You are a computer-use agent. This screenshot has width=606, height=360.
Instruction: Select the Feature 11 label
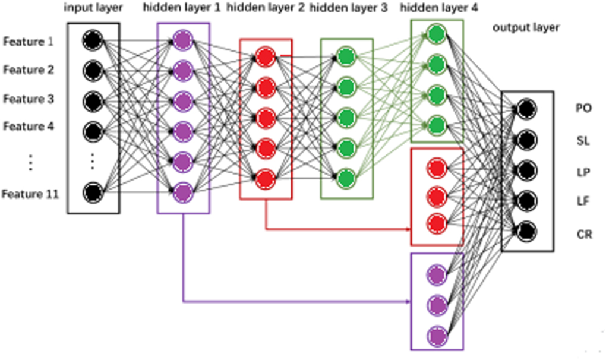(x=30, y=194)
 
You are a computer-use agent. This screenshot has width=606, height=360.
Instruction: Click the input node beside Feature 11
(x=92, y=192)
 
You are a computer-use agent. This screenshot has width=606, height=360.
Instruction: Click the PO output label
(x=583, y=108)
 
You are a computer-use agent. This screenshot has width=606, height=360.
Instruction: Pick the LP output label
(x=583, y=171)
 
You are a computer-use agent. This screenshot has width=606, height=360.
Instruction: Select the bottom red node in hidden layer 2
(x=265, y=177)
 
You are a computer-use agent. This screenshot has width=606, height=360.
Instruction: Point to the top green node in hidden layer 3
(x=346, y=57)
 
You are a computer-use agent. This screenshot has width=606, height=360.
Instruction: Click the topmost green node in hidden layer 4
(x=437, y=33)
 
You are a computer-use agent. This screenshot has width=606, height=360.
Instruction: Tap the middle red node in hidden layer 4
(x=437, y=195)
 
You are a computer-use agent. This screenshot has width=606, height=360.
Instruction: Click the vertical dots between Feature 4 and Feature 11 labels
(x=30, y=161)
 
